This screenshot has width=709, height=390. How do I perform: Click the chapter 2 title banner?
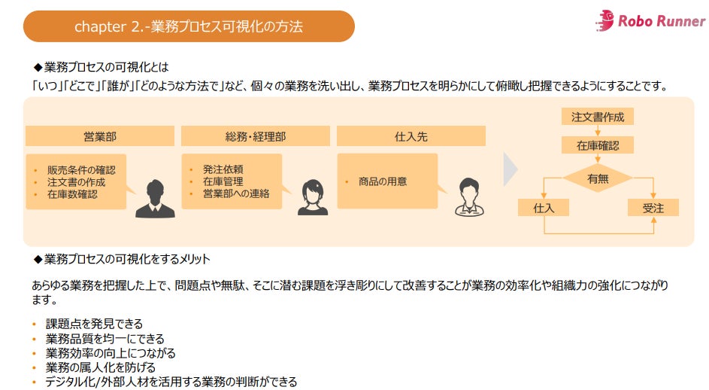click(189, 26)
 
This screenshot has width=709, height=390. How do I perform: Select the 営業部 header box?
click(99, 136)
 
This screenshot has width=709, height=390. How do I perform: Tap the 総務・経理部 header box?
click(255, 136)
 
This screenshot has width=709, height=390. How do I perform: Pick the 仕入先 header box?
click(411, 136)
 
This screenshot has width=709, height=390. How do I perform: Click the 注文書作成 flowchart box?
click(598, 117)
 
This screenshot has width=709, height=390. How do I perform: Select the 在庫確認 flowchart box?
click(598, 145)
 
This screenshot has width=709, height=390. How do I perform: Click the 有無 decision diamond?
click(598, 178)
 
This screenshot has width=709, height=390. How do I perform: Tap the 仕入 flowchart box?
click(544, 207)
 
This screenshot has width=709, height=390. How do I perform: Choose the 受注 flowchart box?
click(653, 207)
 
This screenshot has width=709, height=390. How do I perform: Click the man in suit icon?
click(155, 199)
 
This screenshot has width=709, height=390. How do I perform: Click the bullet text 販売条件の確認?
click(76, 169)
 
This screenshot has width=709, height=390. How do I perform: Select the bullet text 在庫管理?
click(223, 181)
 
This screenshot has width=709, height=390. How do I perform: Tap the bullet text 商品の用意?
click(383, 181)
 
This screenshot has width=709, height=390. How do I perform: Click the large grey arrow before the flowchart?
click(511, 171)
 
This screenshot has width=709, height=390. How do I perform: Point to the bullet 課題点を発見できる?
click(94, 324)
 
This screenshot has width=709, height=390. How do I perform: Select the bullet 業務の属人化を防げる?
click(101, 367)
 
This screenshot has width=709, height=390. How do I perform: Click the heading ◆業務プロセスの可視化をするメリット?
click(122, 259)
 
